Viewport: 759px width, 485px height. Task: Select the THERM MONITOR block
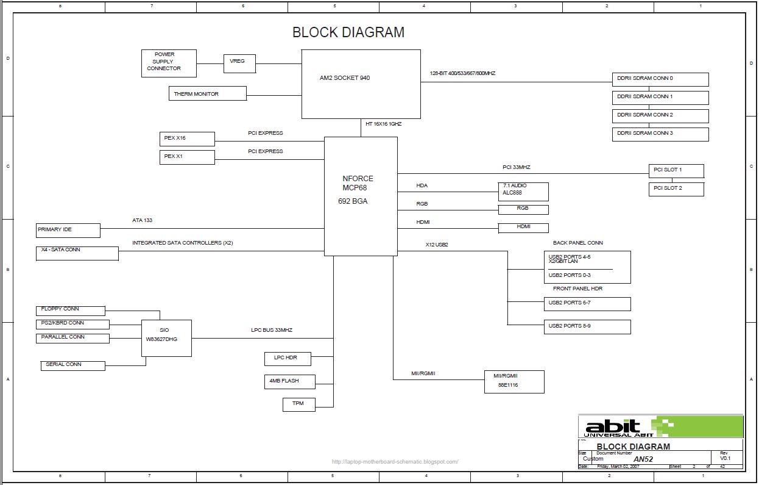point(207,93)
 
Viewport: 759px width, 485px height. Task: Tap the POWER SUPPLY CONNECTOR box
point(169,63)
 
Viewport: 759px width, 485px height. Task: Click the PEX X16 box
point(187,138)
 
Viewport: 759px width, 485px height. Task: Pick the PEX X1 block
point(187,157)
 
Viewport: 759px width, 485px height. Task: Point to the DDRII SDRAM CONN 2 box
point(660,115)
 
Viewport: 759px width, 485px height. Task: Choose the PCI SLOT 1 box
point(676,170)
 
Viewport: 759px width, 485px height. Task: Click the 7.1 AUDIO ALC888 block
point(523,191)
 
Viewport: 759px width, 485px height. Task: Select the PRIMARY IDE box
point(68,230)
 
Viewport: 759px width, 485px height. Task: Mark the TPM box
point(299,404)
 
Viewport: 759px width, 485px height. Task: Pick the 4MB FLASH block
point(289,381)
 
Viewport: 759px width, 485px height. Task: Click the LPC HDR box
point(289,358)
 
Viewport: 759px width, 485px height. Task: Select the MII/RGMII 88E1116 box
point(514,381)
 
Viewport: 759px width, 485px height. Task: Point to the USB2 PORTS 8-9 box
point(587,326)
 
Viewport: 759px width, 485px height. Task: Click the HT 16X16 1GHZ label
point(383,124)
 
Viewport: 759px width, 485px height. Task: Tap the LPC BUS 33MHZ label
point(272,330)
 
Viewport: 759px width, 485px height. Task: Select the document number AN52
point(643,459)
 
